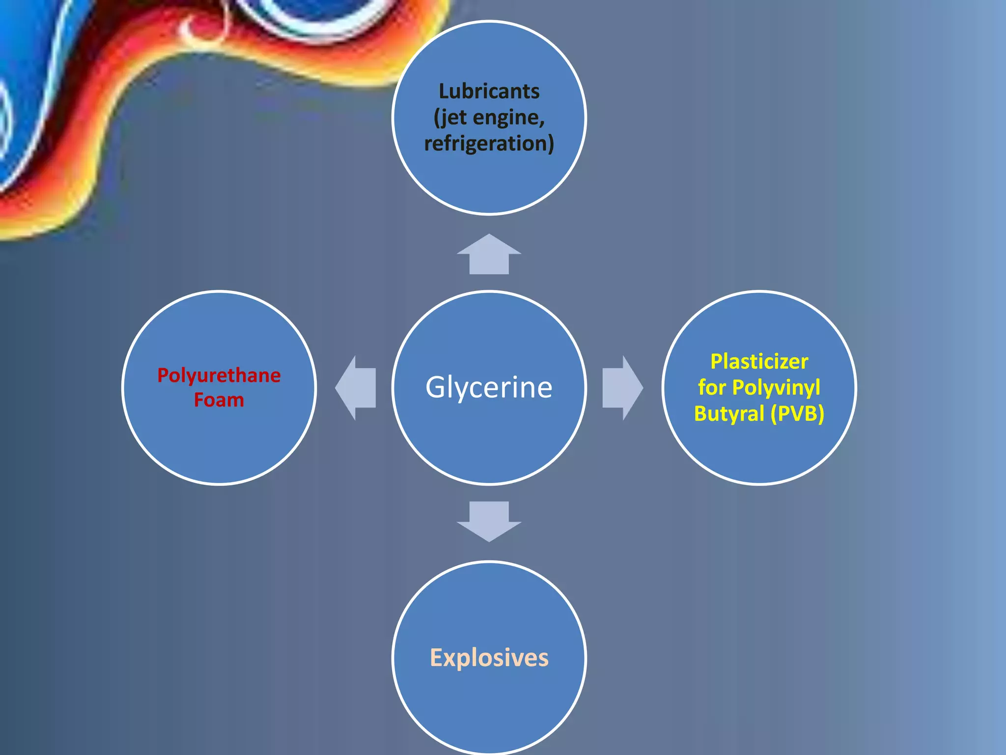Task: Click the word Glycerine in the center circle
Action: coord(489,387)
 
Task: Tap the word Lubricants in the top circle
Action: coord(489,91)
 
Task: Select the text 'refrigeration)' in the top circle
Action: coord(489,144)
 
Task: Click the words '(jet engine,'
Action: coord(489,117)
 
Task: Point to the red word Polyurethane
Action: coord(219,376)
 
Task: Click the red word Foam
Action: coord(219,400)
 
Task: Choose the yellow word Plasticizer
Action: coord(759,362)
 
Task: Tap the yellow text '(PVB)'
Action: coord(797,413)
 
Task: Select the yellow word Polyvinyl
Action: coord(776,387)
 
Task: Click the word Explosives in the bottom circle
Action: coord(489,658)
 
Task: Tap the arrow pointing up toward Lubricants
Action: coord(489,255)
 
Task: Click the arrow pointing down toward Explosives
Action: coord(489,521)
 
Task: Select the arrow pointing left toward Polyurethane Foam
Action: coord(356,388)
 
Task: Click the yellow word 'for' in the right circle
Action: coord(712,387)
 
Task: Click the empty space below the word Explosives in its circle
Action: coord(489,708)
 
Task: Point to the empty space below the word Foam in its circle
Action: coord(219,442)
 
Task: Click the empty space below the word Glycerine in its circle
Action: coord(489,442)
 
